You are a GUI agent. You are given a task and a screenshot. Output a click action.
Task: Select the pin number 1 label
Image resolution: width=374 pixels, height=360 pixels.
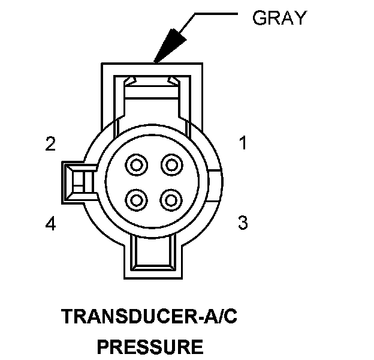point(243,143)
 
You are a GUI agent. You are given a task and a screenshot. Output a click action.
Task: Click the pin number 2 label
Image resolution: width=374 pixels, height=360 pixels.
point(50,144)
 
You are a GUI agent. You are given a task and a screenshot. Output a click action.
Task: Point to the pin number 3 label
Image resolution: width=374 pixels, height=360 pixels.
point(243,223)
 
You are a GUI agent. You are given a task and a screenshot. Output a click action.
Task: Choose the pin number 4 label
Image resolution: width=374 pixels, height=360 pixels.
point(50,224)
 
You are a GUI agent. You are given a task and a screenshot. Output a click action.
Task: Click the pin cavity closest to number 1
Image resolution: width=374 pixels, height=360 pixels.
point(172,164)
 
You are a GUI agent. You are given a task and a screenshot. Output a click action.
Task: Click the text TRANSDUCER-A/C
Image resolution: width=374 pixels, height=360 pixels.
point(150,317)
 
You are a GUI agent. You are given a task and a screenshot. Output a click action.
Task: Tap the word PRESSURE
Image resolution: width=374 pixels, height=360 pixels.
point(150,346)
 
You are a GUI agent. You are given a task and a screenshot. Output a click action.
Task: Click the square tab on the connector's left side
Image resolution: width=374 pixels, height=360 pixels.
point(76,181)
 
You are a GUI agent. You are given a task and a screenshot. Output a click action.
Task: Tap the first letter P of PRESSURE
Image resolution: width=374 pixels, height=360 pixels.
point(103,346)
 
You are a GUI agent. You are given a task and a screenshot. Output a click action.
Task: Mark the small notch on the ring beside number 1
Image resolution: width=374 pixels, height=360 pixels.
point(217,180)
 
